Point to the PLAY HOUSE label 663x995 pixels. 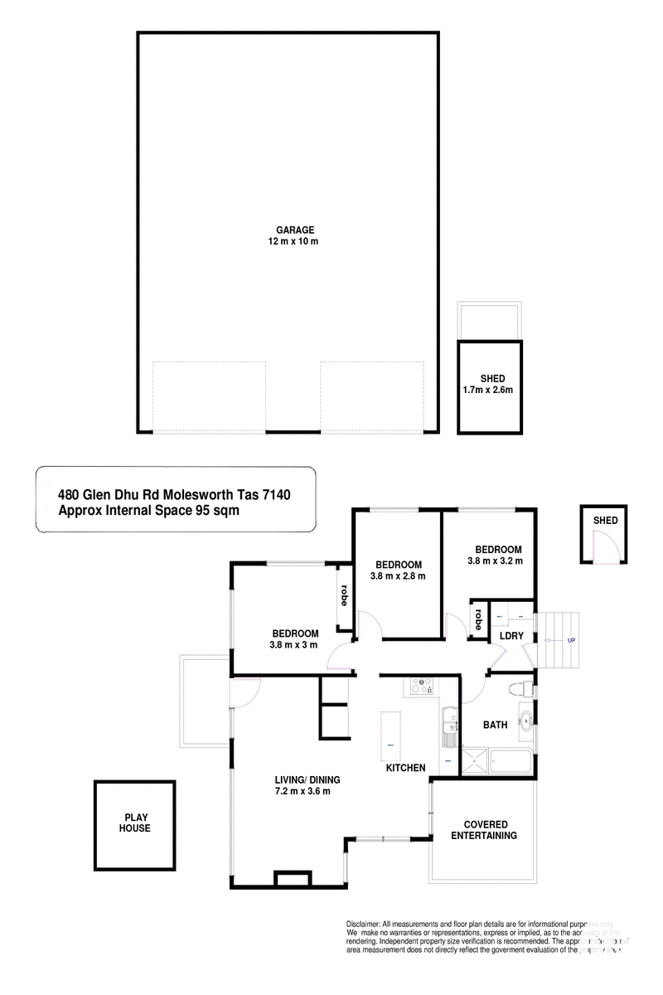pos(133,822)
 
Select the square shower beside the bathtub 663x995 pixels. pos(473,760)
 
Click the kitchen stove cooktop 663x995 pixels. pos(421,686)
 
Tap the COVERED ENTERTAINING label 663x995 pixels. pos(484,830)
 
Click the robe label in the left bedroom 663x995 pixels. pos(343,596)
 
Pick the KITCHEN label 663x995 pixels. pos(406,769)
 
